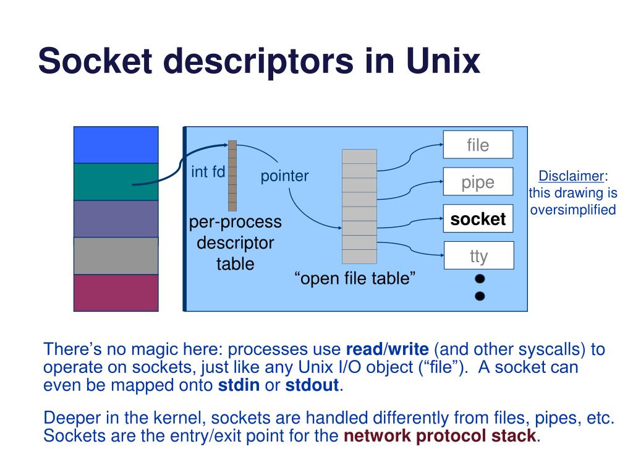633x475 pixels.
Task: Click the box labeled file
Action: point(478,145)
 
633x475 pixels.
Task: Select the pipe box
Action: point(478,182)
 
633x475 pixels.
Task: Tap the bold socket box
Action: point(478,218)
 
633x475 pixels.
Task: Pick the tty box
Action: point(479,255)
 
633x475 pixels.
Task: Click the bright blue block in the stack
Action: point(116,145)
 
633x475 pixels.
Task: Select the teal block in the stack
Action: point(116,182)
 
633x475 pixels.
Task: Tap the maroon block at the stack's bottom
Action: point(116,293)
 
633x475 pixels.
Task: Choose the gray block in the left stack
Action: point(116,256)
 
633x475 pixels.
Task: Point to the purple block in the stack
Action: point(116,219)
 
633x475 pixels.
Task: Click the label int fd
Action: point(208,172)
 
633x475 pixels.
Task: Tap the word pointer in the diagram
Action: point(284,176)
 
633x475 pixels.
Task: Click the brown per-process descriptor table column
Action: point(232,176)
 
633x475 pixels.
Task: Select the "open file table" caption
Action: point(355,278)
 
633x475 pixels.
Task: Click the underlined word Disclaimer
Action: point(571,176)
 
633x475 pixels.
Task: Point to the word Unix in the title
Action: point(443,61)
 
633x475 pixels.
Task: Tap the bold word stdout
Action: point(312,385)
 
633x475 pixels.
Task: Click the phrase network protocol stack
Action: point(440,436)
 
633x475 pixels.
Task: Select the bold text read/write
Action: point(388,349)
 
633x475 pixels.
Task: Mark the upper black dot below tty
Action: point(480,279)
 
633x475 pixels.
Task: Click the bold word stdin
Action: point(239,385)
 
